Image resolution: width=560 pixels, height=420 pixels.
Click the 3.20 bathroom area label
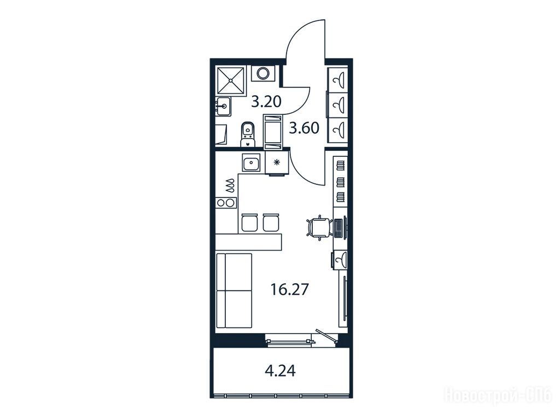[x=266, y=102]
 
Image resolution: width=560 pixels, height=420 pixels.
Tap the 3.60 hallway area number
[x=304, y=128]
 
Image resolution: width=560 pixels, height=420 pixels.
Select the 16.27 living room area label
[x=289, y=289]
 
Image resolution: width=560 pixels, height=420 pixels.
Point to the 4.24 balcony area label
[x=281, y=371]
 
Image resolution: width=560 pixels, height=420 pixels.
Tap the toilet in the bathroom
[x=248, y=134]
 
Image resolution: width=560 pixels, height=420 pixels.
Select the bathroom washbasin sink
[x=224, y=107]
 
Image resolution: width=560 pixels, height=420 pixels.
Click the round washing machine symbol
[x=264, y=73]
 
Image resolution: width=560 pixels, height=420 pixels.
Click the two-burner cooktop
[x=226, y=203]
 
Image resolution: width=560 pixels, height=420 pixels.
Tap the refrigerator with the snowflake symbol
[x=276, y=163]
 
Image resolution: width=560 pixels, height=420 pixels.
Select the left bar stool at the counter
[x=249, y=223]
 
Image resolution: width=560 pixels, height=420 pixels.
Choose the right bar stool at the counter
[x=270, y=223]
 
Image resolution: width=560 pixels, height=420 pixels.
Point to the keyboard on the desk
[x=338, y=227]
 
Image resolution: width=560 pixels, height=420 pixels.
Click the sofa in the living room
[x=234, y=290]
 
